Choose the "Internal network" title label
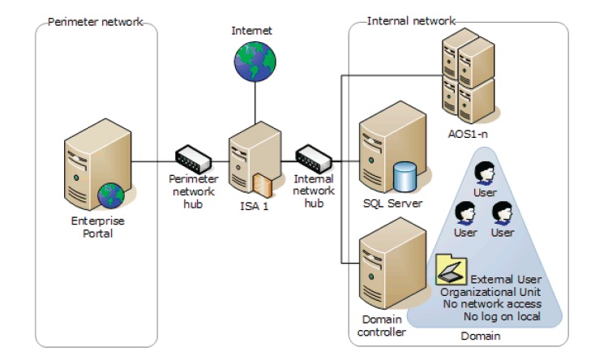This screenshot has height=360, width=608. click(x=411, y=20)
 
